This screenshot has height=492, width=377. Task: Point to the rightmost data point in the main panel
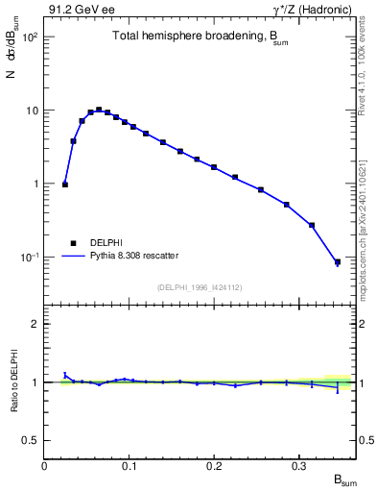(337, 261)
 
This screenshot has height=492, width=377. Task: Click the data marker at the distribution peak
(99, 110)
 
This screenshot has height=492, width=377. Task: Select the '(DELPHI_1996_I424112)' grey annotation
(199, 285)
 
